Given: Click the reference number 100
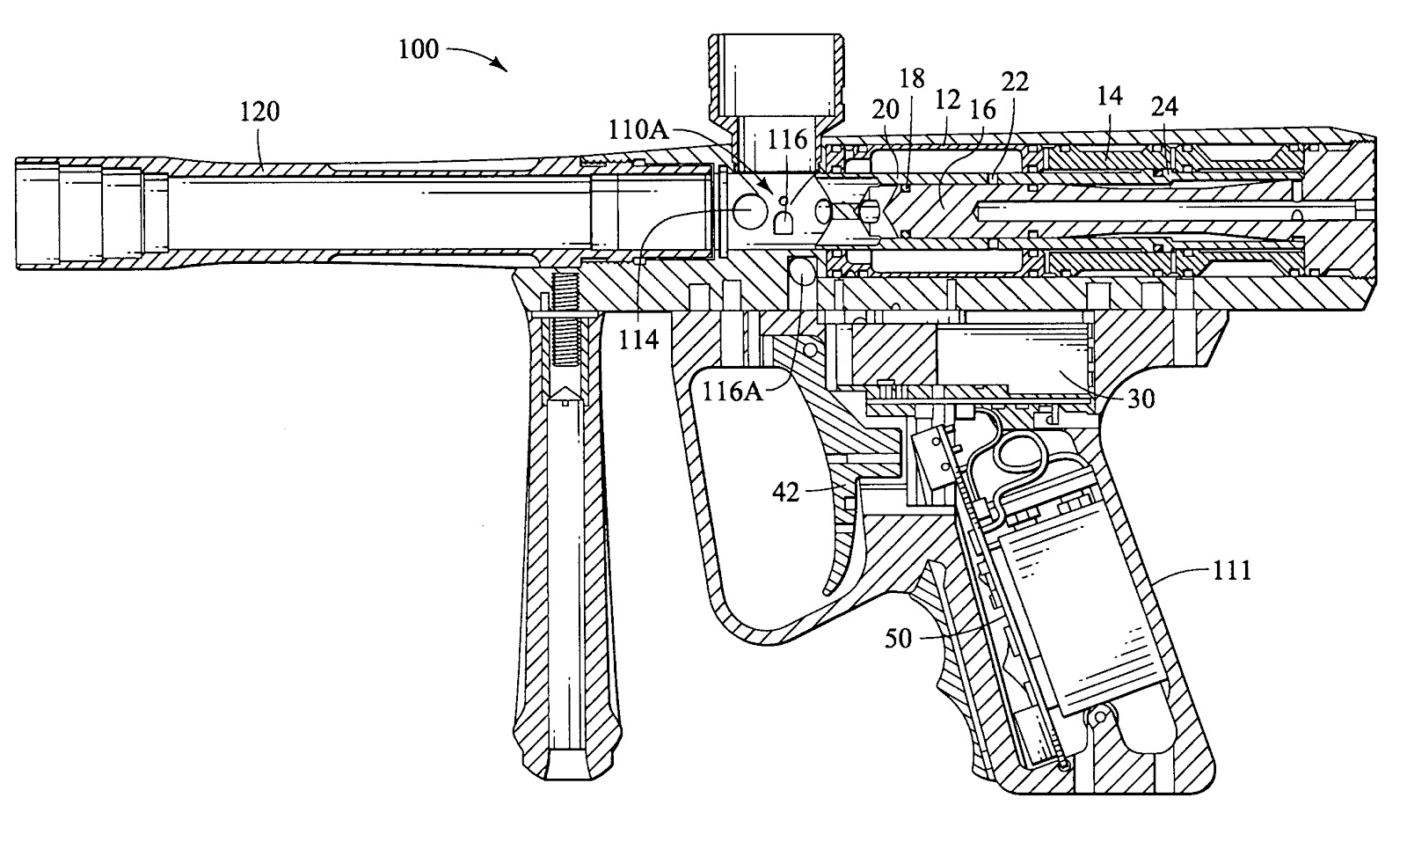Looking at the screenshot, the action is pyautogui.click(x=419, y=49).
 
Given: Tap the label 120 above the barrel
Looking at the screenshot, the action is pyautogui.click(x=259, y=112).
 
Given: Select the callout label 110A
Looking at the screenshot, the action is pyautogui.click(x=638, y=129).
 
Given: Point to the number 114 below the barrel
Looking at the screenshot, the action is pyautogui.click(x=638, y=340).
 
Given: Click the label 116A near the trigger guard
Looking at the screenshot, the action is pyautogui.click(x=733, y=392).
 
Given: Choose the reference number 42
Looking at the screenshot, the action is pyautogui.click(x=786, y=493).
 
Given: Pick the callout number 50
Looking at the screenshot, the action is pyautogui.click(x=898, y=639).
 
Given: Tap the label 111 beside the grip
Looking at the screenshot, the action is pyautogui.click(x=1232, y=571).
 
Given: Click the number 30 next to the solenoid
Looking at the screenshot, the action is pyautogui.click(x=1141, y=399).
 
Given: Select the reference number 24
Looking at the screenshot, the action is pyautogui.click(x=1164, y=106).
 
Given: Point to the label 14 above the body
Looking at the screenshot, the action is pyautogui.click(x=1109, y=96).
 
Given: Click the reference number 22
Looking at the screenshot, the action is pyautogui.click(x=1015, y=82).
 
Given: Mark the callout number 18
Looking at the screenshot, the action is pyautogui.click(x=912, y=78).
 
